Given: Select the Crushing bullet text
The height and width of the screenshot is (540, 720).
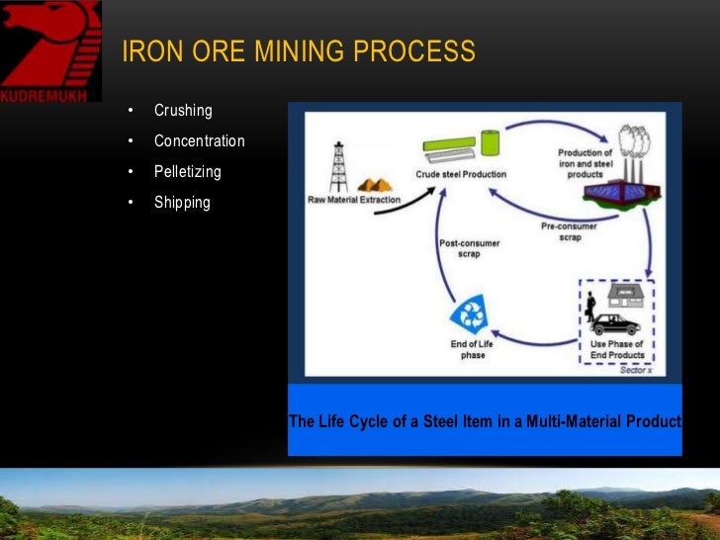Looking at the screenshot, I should pyautogui.click(x=183, y=110).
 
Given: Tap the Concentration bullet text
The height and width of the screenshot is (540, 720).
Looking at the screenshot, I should pyautogui.click(x=199, y=140).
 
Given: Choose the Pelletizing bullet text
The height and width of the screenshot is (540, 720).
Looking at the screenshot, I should pyautogui.click(x=187, y=171).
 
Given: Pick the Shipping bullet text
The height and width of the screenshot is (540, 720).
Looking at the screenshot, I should pyautogui.click(x=182, y=203).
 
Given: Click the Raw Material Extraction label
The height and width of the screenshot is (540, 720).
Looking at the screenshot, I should pyautogui.click(x=354, y=200).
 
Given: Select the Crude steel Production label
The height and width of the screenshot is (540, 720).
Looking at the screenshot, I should pyautogui.click(x=461, y=174).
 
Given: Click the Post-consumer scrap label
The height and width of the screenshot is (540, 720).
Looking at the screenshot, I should pyautogui.click(x=469, y=247).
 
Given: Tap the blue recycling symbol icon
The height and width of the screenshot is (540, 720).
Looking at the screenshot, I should pyautogui.click(x=466, y=316).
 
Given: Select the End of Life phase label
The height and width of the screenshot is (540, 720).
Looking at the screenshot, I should pyautogui.click(x=473, y=349).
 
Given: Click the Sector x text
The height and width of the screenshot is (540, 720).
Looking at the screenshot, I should pyautogui.click(x=636, y=370).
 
